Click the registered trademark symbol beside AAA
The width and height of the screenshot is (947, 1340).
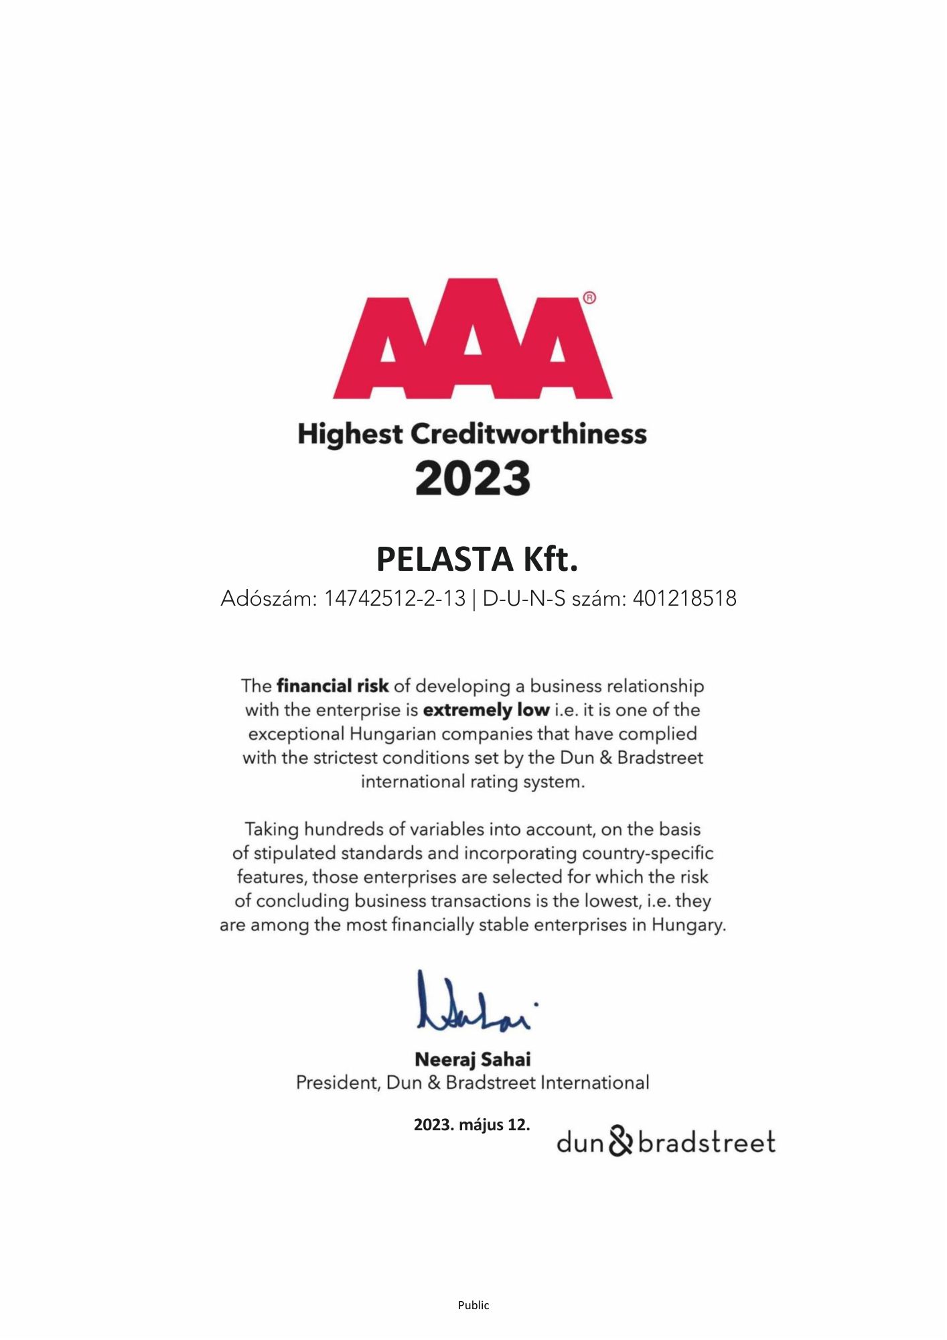click(x=589, y=298)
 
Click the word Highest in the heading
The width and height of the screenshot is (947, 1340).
click(x=350, y=434)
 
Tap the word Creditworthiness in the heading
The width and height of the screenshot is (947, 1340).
click(x=528, y=434)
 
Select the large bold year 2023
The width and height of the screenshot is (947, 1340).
click(x=473, y=478)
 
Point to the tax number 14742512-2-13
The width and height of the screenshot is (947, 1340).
click(x=394, y=598)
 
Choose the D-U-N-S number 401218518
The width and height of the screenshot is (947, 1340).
click(x=684, y=598)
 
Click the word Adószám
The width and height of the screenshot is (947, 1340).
click(x=267, y=598)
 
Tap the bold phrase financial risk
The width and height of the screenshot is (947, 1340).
click(x=332, y=686)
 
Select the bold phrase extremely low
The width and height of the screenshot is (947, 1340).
click(x=486, y=710)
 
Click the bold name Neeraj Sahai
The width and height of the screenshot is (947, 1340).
click(x=473, y=1060)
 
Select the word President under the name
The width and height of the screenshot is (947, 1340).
click(x=338, y=1083)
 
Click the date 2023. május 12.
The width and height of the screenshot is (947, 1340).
click(x=471, y=1124)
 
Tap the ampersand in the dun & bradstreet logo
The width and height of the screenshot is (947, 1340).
click(x=621, y=1142)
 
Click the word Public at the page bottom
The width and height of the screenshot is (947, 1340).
click(x=473, y=1305)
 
